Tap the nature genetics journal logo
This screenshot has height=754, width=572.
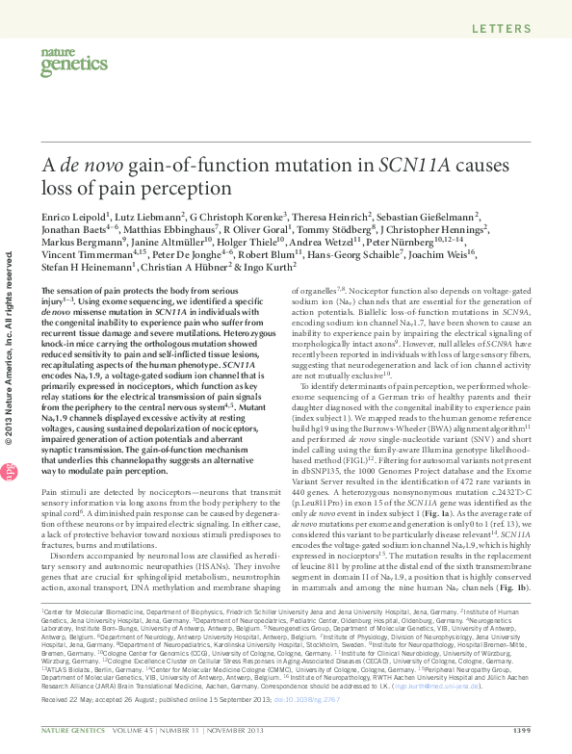click(x=68, y=63)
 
